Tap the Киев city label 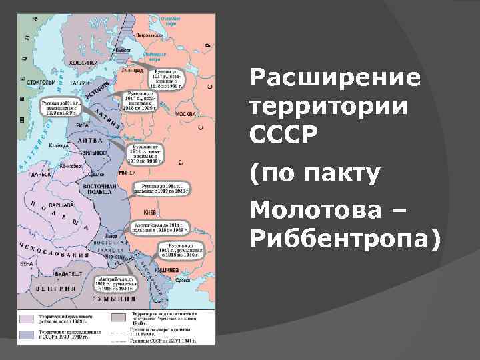pyautogui.click(x=151, y=213)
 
